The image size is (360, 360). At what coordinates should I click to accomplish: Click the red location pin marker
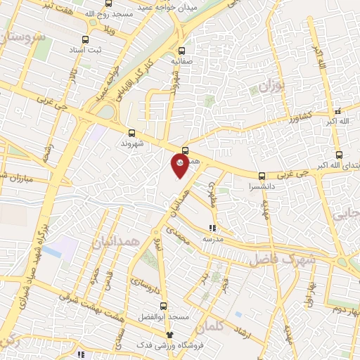tap(180, 165)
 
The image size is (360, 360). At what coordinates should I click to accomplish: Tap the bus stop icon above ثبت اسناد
tap(85, 40)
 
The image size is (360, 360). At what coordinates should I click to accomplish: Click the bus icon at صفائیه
tap(182, 51)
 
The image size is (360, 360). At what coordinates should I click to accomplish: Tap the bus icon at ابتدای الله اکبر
tap(339, 155)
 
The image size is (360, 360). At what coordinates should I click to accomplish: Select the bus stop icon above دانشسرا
tap(262, 176)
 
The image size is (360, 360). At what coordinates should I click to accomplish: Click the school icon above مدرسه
tap(212, 227)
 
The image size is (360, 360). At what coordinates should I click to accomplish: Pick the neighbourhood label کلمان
tap(210, 326)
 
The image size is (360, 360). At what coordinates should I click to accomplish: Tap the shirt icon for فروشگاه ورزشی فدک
tap(169, 335)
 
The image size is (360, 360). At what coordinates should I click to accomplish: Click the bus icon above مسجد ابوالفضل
tap(164, 306)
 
